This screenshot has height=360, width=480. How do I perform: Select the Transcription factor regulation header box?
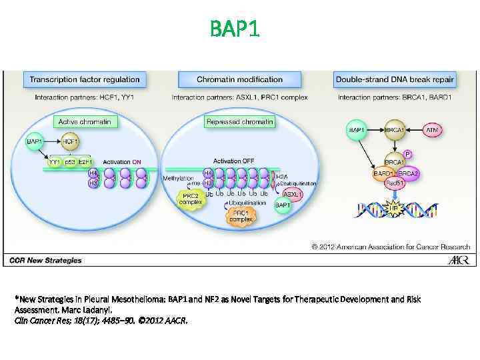pyautogui.click(x=84, y=80)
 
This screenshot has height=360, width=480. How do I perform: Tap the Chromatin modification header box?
pyautogui.click(x=239, y=80)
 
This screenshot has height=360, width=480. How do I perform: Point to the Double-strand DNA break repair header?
pyautogui.click(x=395, y=80)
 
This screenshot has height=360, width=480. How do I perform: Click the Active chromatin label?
pyautogui.click(x=84, y=121)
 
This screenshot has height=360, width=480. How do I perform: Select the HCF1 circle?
pyautogui.click(x=71, y=141)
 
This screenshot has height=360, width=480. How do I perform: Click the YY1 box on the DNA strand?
pyautogui.click(x=55, y=162)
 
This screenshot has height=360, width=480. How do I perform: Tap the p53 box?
pyautogui.click(x=69, y=162)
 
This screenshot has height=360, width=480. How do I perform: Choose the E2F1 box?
pyautogui.click(x=85, y=162)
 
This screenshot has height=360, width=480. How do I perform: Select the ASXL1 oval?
pyautogui.click(x=292, y=194)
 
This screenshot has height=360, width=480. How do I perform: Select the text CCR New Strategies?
pyautogui.click(x=46, y=260)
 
